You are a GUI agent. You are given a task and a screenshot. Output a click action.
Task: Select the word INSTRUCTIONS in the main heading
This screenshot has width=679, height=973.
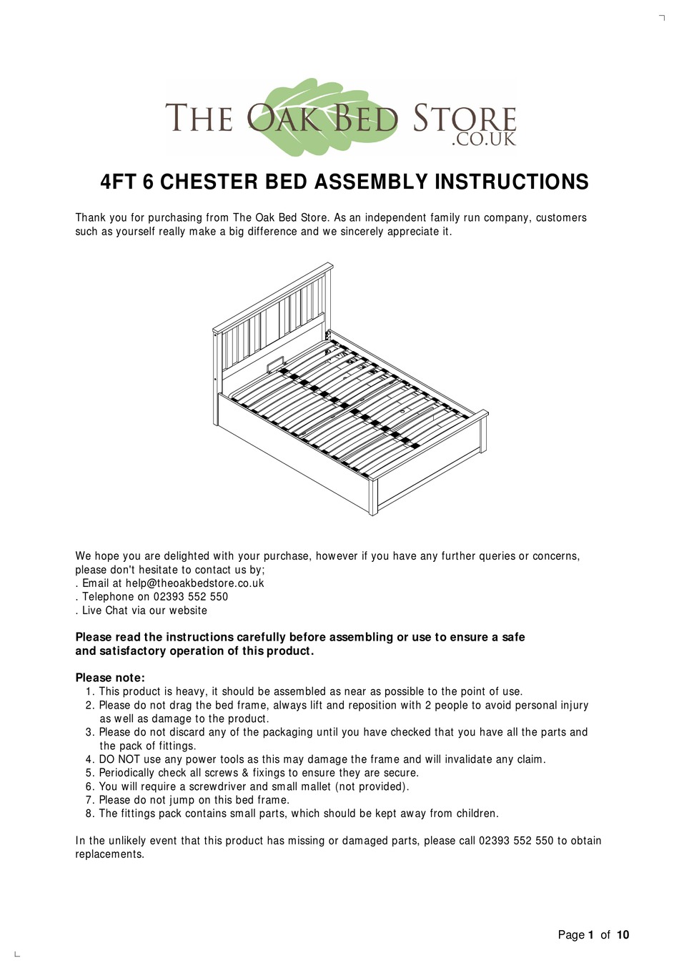[511, 182]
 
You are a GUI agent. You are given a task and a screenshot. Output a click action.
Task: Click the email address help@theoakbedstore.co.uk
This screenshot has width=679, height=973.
[194, 583]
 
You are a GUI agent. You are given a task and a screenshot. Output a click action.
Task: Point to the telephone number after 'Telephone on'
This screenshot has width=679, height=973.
[190, 597]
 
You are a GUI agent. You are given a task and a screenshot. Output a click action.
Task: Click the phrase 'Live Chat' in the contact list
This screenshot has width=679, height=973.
[105, 611]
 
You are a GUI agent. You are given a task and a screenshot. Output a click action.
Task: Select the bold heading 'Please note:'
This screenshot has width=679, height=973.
[110, 678]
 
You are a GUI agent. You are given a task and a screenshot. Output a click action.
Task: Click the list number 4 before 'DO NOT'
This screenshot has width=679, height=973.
[89, 759]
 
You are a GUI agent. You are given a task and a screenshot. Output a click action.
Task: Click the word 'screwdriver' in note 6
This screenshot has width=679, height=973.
[217, 786]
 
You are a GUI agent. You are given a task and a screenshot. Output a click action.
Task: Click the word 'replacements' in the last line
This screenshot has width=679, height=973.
[109, 854]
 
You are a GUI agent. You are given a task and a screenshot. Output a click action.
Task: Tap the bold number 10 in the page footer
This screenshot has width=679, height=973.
[623, 935]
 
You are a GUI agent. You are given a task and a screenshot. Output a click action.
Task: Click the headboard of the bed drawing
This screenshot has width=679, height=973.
[272, 315]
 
